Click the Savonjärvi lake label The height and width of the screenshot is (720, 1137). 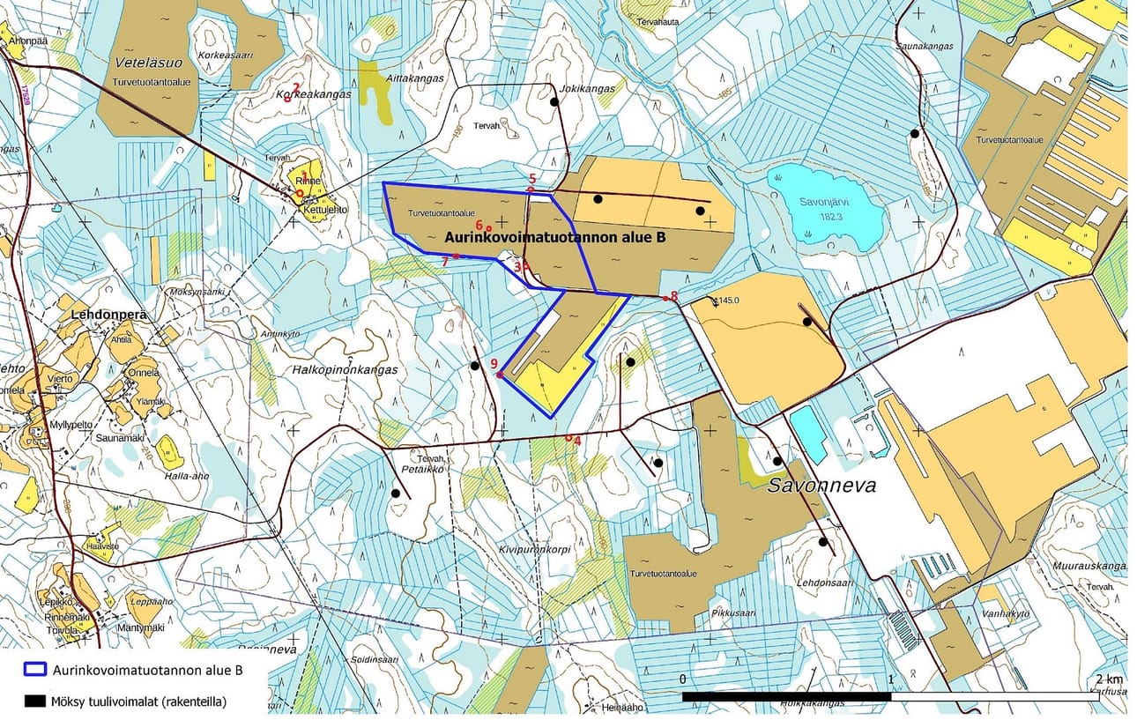click(822, 201)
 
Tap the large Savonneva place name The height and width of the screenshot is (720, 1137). click(821, 485)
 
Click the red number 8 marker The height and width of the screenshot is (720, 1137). click(674, 296)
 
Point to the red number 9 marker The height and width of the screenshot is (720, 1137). click(494, 363)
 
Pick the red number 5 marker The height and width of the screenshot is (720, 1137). click(532, 179)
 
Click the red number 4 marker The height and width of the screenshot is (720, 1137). click(577, 440)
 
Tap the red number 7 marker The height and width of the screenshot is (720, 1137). click(446, 261)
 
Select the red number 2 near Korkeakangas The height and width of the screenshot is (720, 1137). click(296, 87)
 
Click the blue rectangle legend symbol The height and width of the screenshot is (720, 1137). click(34, 670)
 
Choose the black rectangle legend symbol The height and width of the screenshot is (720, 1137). click(34, 701)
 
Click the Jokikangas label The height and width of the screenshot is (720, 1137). click(587, 89)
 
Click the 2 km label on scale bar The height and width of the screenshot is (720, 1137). click(1110, 679)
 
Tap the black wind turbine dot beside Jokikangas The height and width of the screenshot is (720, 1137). click(554, 102)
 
